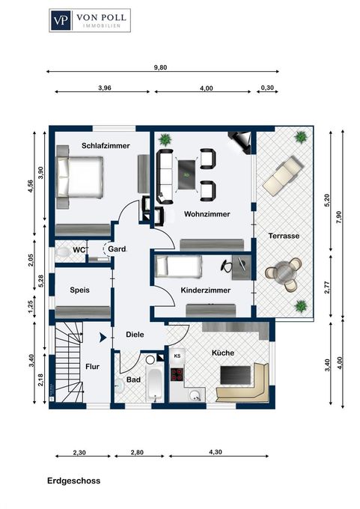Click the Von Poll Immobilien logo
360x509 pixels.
click(x=90, y=20)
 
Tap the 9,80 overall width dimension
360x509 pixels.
click(x=160, y=67)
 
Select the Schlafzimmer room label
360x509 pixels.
click(x=106, y=146)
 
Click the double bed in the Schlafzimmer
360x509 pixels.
click(x=80, y=177)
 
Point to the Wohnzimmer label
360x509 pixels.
click(x=207, y=214)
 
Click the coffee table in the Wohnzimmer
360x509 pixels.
click(x=188, y=175)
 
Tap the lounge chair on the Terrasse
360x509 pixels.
click(x=283, y=175)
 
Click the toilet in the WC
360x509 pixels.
click(x=63, y=252)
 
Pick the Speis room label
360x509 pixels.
click(x=80, y=290)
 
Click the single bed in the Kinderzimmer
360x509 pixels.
click(x=179, y=266)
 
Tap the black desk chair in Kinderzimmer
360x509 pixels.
click(x=228, y=265)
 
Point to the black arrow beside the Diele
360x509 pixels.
click(x=103, y=338)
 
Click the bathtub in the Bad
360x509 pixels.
click(x=154, y=384)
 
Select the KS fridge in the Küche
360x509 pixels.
click(x=177, y=356)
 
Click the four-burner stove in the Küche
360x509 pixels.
click(x=177, y=374)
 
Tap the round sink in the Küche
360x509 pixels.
click(x=195, y=394)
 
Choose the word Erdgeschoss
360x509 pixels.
click(x=73, y=481)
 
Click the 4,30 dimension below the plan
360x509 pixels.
click(x=216, y=452)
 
